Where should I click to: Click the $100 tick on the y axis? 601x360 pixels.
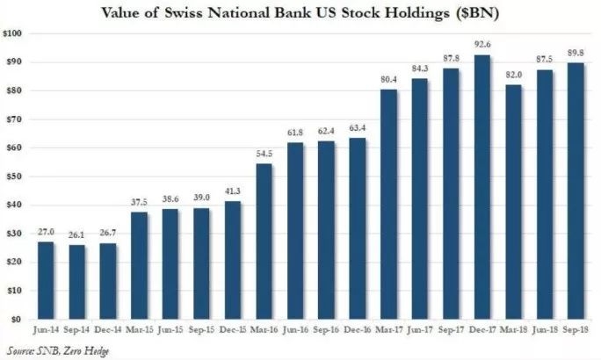click(14, 33)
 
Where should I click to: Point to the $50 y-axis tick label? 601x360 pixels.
click(16, 176)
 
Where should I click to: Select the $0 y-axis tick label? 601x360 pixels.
click(18, 320)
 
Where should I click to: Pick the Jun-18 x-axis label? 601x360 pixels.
click(546, 332)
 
